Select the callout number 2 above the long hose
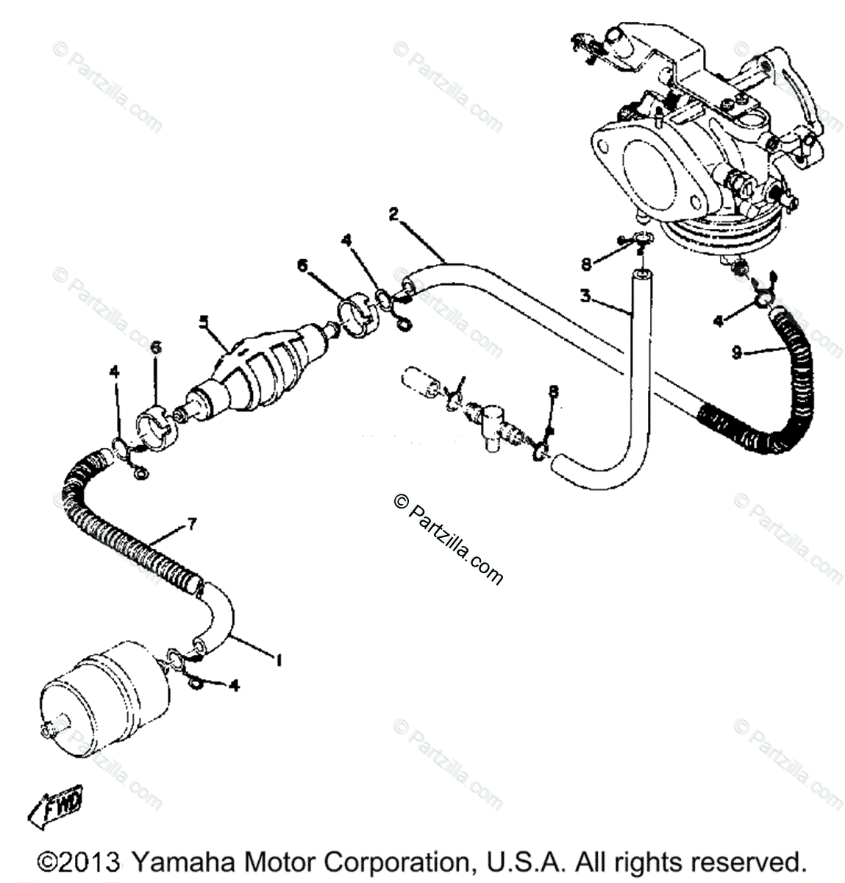pos(394,215)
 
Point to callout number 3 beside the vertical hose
pos(585,297)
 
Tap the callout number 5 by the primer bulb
pos(204,321)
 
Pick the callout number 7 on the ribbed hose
pos(191,524)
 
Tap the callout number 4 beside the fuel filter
pos(235,686)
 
